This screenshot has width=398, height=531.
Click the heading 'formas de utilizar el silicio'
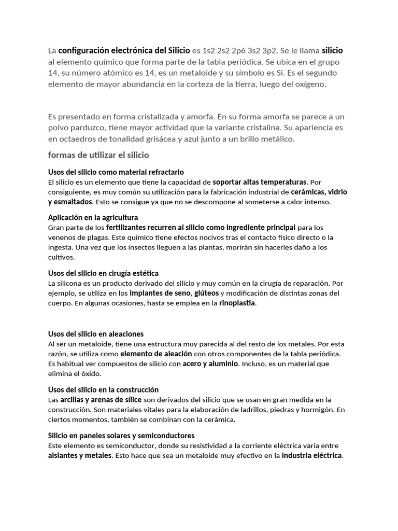(98, 155)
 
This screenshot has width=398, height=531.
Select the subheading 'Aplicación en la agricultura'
(93, 217)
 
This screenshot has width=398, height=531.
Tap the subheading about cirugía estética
(103, 273)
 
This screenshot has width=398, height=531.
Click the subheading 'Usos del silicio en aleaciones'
(96, 334)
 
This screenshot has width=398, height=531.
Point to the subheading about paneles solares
(121, 436)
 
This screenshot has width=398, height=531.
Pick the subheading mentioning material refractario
(116, 172)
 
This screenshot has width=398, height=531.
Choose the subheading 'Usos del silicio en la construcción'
(103, 389)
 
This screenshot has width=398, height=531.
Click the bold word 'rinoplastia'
(237, 303)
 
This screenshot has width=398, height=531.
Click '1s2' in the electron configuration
(208, 51)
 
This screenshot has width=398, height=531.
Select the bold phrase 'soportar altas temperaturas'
(260, 182)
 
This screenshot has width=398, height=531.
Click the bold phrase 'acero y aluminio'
(210, 364)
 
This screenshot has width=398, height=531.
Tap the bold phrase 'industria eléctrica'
(312, 455)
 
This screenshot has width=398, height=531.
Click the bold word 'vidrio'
(338, 192)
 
